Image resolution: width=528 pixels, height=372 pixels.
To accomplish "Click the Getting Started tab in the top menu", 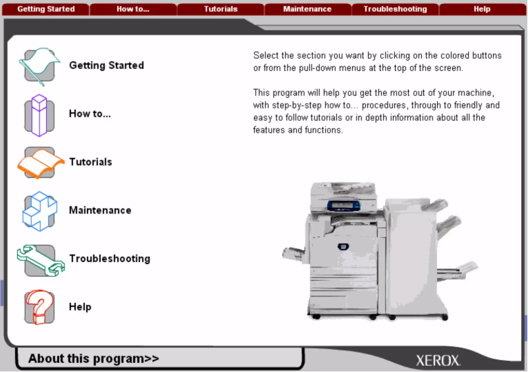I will tap(45, 9).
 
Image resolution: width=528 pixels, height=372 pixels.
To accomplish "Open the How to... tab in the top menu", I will tap(132, 9).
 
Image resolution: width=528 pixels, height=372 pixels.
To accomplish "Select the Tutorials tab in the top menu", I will tap(221, 9).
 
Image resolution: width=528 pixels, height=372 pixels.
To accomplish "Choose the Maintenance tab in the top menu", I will tap(307, 9).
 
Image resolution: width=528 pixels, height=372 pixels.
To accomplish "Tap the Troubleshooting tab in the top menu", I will tap(395, 9).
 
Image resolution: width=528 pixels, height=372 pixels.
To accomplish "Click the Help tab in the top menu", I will tap(482, 9).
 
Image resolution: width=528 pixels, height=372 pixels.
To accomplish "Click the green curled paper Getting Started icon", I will tap(39, 66).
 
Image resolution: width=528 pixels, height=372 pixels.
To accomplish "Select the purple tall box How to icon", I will tap(39, 114).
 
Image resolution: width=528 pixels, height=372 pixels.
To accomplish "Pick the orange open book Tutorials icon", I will tap(39, 162).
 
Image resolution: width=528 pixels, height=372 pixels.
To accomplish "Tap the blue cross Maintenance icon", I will tap(39, 211).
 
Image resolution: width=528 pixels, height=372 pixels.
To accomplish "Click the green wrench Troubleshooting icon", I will tap(39, 259).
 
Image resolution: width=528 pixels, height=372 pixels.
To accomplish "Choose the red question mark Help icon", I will tap(39, 307).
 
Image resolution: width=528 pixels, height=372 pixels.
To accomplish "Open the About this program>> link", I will tap(93, 359).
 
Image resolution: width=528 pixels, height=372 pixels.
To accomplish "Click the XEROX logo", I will tap(438, 361).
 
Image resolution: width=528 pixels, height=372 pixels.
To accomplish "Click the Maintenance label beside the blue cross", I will tap(100, 210).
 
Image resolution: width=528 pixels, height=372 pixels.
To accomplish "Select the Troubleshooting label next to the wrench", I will tap(109, 259).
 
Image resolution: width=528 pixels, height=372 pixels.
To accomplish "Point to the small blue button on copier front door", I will tap(342, 246).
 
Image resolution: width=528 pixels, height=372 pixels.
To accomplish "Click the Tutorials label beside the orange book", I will tap(91, 162).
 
